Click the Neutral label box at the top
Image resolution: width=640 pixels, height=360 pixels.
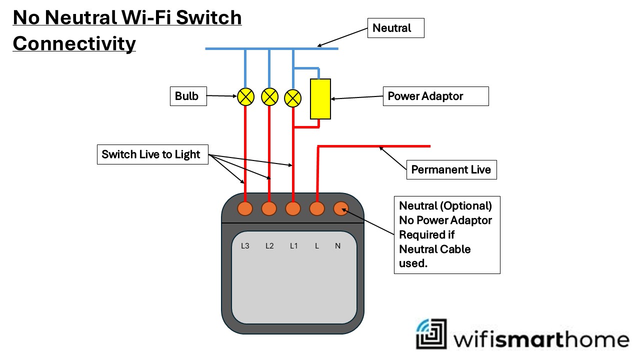(395, 28)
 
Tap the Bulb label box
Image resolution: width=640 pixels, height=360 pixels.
(186, 96)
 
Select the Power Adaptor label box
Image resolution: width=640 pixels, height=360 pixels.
(435, 96)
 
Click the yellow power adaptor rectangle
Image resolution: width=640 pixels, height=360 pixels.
(320, 99)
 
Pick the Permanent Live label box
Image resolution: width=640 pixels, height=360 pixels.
(451, 169)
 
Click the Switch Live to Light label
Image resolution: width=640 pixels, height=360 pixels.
(152, 154)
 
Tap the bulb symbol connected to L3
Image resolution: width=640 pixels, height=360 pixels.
(245, 96)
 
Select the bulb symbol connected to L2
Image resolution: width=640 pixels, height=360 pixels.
(269, 96)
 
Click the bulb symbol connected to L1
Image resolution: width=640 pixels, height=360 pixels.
(292, 98)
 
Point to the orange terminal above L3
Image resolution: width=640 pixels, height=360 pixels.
(245, 208)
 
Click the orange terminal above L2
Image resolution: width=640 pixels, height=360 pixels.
(269, 208)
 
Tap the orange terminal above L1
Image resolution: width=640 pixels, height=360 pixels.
(293, 208)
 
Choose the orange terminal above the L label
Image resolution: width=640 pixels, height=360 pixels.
(317, 208)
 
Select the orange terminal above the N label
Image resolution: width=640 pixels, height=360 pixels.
(340, 208)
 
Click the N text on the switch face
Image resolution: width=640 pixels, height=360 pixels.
(337, 246)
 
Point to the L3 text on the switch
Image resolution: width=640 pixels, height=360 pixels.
(245, 246)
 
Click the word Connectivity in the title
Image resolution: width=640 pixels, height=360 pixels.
(74, 43)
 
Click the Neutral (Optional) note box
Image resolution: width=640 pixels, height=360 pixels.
(447, 234)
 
